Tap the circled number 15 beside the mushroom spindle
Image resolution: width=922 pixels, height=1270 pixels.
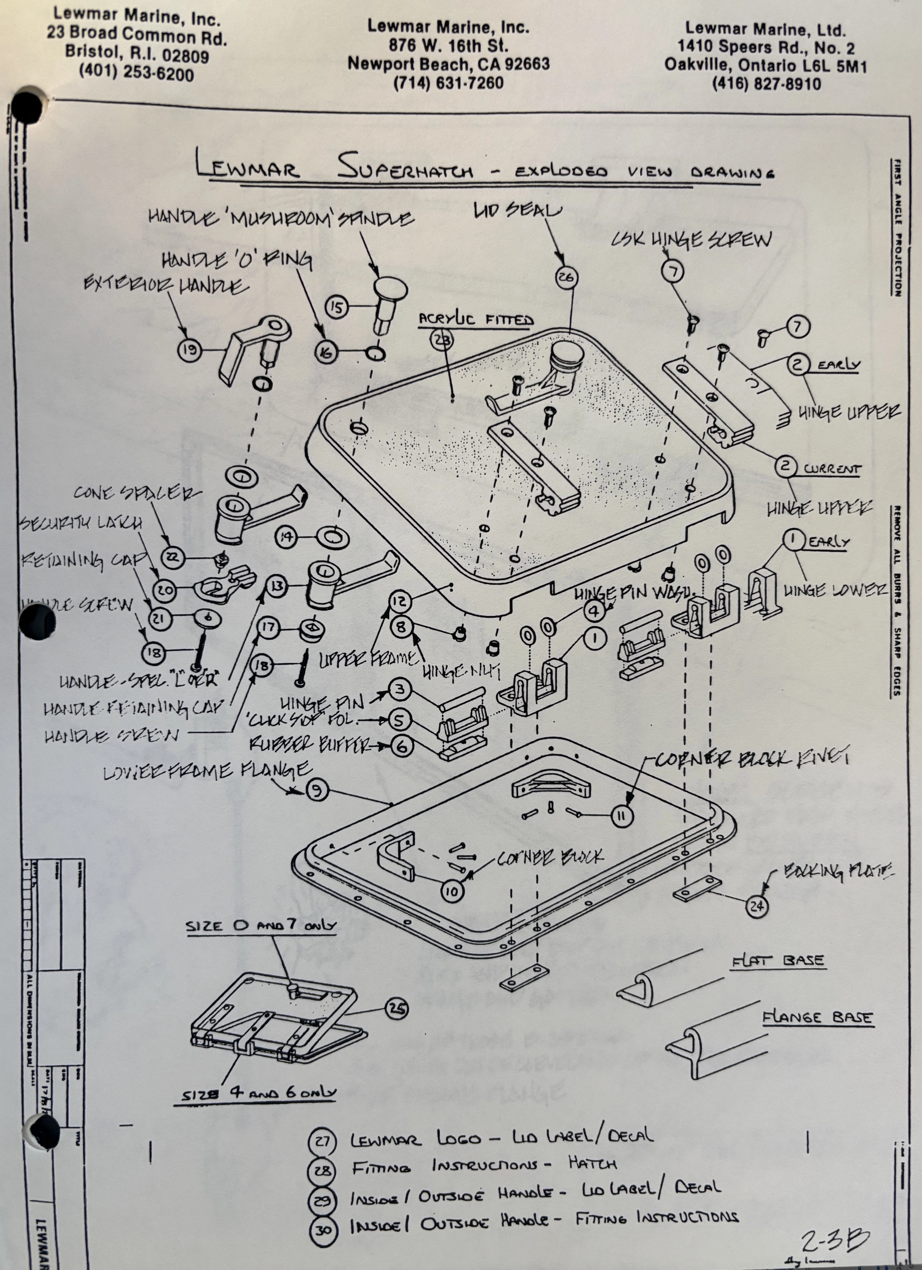coord(337,308)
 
